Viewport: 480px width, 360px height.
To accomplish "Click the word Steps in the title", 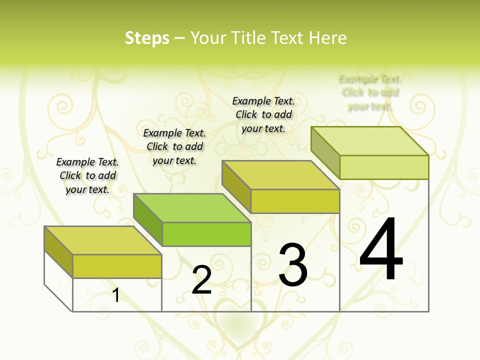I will [147, 38].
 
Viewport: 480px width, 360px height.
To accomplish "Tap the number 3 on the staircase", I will [293, 265].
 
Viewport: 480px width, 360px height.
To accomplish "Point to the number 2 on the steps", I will [201, 280].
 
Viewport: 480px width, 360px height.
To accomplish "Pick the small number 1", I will [116, 295].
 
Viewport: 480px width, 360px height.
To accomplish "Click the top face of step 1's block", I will [102, 240].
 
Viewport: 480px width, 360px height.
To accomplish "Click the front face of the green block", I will [206, 234].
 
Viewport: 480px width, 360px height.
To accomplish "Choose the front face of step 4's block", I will [384, 167].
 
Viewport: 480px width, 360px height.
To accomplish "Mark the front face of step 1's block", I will [117, 266].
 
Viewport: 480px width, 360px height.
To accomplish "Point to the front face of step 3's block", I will [295, 201].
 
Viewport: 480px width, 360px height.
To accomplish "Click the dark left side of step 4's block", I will [325, 150].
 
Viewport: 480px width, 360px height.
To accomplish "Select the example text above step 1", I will [87, 175].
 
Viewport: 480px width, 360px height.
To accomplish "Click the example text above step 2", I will [174, 146].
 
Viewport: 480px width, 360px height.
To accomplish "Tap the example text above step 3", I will [263, 114].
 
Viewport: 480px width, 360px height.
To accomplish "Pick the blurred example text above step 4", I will [370, 92].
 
